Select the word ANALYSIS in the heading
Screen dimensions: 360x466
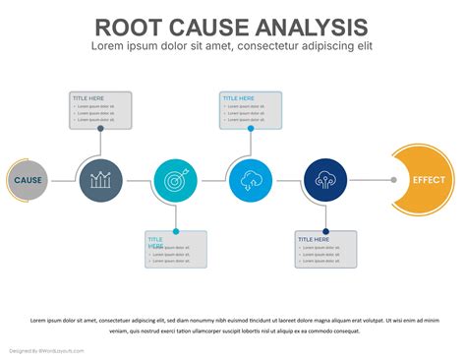[314, 27]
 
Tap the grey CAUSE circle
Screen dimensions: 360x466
[28, 180]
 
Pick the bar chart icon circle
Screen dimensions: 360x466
[100, 180]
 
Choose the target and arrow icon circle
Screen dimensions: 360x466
[176, 180]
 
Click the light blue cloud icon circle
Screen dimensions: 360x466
[250, 180]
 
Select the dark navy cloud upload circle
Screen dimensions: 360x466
[325, 180]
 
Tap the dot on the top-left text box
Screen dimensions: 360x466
[100, 128]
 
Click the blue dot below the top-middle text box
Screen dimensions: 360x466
[251, 128]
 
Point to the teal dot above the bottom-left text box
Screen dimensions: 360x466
[176, 232]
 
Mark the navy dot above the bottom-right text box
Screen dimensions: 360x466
[325, 232]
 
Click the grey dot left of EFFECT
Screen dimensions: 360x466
[393, 180]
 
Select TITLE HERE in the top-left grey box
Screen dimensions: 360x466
[89, 98]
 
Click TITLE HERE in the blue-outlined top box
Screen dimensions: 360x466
[239, 98]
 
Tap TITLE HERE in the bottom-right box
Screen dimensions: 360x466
[315, 239]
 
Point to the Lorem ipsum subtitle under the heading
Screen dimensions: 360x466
[232, 45]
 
